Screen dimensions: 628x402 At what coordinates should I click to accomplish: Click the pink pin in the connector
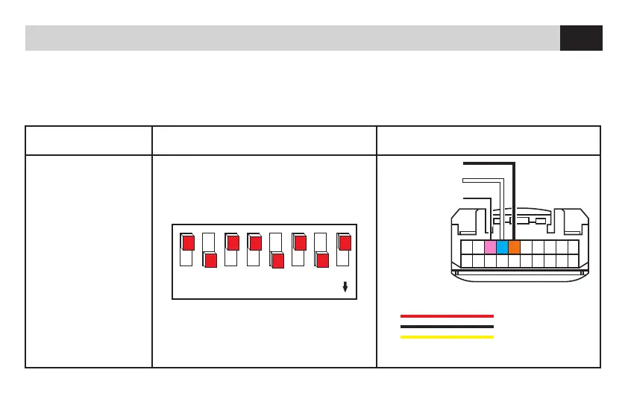[490, 247]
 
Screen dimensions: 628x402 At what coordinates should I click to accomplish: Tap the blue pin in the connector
[502, 247]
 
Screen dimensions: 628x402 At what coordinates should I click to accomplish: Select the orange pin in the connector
[514, 247]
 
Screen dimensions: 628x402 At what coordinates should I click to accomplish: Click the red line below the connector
[447, 315]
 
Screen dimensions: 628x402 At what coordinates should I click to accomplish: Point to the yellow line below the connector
[447, 336]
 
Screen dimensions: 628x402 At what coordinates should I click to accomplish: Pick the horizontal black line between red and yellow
[447, 326]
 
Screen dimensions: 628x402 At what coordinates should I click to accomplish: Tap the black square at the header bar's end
[581, 38]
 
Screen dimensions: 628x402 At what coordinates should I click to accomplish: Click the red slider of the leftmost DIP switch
[188, 242]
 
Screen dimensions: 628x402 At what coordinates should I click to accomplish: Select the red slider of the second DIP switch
[210, 260]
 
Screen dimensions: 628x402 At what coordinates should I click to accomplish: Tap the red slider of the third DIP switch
[233, 242]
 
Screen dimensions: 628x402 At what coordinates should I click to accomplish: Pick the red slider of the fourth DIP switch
[255, 242]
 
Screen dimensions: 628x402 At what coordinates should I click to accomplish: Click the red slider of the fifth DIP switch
[277, 260]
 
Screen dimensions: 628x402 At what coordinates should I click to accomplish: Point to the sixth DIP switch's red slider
[300, 242]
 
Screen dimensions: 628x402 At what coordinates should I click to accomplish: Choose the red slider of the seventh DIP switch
[322, 260]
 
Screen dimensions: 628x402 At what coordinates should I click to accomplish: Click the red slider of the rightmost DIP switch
[345, 242]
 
